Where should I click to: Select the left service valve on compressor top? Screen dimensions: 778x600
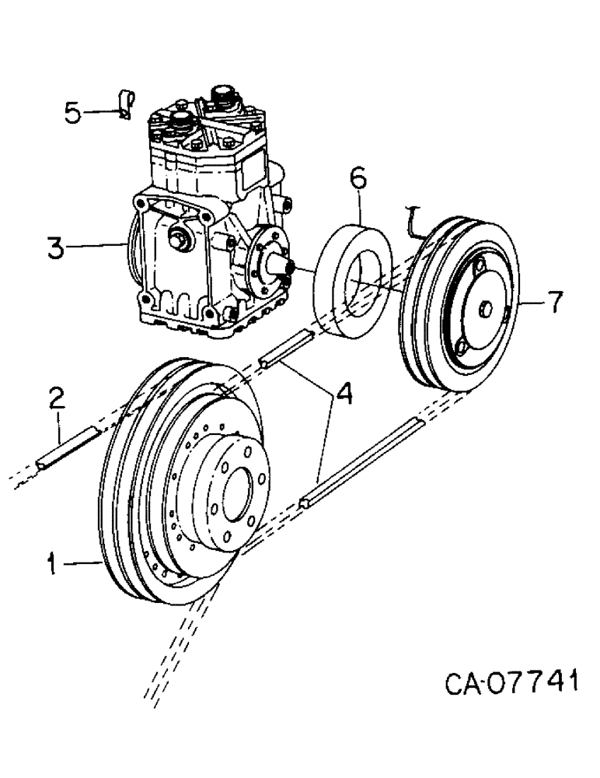(181, 120)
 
